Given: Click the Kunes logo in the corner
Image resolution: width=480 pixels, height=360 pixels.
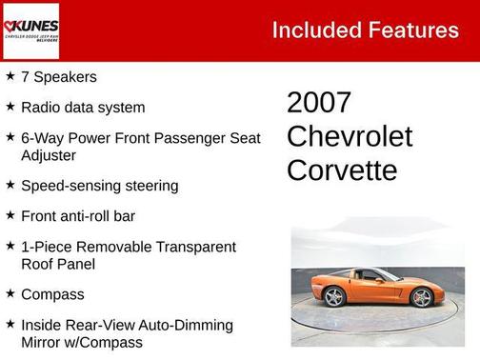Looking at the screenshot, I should [x=30, y=30].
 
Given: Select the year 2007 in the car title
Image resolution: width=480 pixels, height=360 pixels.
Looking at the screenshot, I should [x=319, y=103].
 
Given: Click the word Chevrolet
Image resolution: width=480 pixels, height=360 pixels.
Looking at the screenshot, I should [x=350, y=136].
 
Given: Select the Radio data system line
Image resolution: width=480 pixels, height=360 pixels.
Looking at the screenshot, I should [x=83, y=108].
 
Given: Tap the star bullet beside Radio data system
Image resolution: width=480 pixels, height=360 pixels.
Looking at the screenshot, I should [x=10, y=107].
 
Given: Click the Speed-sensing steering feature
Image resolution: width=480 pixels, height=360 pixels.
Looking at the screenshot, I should [x=99, y=186].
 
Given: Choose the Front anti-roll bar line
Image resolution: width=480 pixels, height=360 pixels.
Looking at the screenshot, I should [x=77, y=216].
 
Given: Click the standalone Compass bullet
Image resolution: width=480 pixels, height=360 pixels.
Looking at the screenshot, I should [x=52, y=294].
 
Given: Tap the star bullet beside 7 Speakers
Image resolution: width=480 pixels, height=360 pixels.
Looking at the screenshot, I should [x=10, y=76].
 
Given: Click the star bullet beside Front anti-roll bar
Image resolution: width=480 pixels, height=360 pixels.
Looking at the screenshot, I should [x=10, y=215].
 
